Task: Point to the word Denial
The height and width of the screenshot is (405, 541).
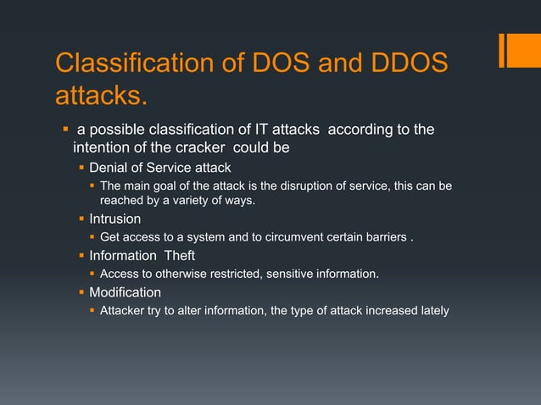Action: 109,167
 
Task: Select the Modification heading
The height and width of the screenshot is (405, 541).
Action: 125,292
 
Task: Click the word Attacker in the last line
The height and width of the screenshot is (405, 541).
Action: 125,310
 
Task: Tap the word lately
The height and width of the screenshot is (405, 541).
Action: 430,310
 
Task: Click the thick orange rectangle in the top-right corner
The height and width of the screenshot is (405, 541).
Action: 516,49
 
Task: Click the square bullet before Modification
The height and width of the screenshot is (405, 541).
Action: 82,292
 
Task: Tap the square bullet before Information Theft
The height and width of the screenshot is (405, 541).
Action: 82,256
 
